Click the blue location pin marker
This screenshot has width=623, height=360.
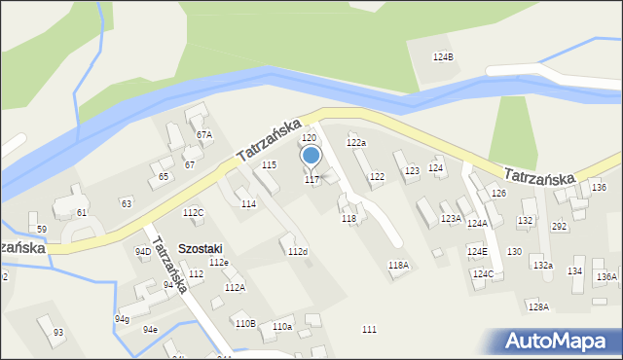coord(311,156)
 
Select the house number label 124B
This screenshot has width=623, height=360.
coord(443,57)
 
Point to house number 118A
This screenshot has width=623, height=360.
coord(398,266)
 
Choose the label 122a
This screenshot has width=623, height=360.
coord(356,143)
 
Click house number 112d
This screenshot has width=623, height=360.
coord(297,252)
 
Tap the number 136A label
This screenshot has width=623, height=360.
coord(606,276)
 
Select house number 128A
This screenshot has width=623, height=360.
coord(538,306)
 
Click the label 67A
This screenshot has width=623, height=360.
coord(203,134)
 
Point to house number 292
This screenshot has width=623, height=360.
coord(560,227)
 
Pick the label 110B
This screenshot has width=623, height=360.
coord(244,323)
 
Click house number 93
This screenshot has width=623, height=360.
coord(58,333)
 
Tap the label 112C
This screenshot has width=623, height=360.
coord(193,212)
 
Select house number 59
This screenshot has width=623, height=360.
coord(41,229)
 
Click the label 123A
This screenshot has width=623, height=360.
coord(451,218)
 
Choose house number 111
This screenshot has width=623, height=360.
coord(369,331)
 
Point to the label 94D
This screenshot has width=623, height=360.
coord(143,251)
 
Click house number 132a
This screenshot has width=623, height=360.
coord(542,266)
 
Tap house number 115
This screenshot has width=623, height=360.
coord(269,165)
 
